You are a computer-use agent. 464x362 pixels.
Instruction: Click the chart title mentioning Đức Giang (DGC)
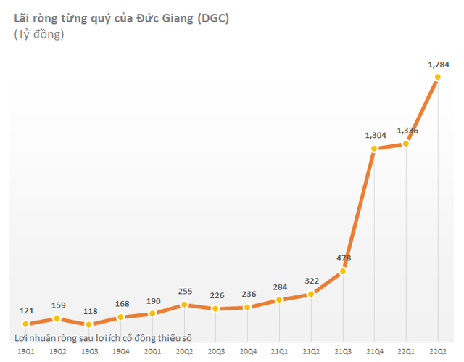point(122,18)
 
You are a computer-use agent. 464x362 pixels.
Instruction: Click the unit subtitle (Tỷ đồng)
point(39,34)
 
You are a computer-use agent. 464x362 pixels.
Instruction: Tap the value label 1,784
point(438,65)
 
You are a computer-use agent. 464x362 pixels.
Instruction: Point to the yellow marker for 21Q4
point(374,149)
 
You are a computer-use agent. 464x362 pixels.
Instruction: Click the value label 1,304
point(375,135)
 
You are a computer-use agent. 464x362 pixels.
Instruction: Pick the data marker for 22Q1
point(406,144)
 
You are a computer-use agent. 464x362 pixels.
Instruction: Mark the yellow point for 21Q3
point(343,271)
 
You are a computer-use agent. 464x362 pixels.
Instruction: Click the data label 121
point(25,310)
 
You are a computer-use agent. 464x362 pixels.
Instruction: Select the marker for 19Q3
point(88,324)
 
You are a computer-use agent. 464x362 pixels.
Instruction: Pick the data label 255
point(184,291)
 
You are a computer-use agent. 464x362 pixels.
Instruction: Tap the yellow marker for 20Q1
point(152,313)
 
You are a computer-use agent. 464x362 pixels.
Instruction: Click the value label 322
point(311,280)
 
